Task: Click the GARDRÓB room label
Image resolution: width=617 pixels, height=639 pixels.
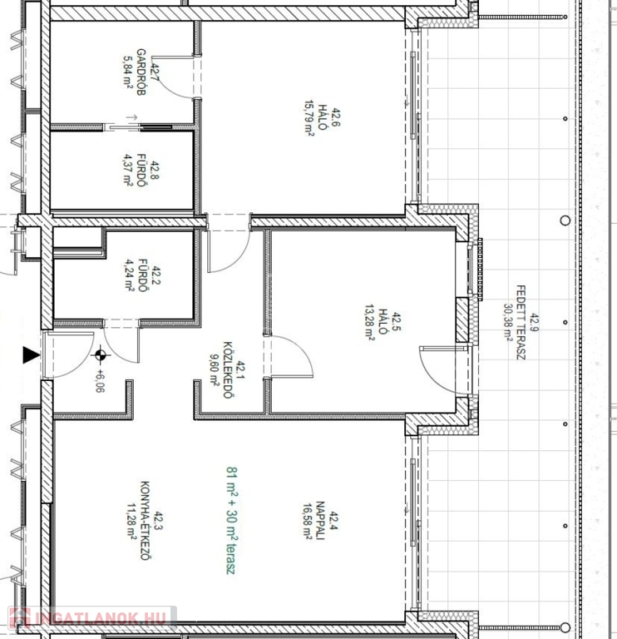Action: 141,72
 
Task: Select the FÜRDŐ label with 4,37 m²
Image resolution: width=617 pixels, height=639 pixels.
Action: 141,171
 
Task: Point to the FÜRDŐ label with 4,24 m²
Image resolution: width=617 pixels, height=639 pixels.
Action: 142,275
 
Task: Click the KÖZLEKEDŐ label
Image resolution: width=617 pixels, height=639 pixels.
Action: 228,369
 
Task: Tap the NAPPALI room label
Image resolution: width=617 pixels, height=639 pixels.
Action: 320,520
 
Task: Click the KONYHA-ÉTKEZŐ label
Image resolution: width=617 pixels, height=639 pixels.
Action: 145,520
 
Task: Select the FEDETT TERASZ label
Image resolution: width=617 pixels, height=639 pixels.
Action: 521,322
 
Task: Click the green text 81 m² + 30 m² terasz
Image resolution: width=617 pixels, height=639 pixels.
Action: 231,520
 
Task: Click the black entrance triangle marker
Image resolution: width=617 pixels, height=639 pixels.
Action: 31,355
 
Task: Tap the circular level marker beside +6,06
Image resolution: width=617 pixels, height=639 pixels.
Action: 101,355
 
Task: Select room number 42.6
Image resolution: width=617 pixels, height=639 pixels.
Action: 336,117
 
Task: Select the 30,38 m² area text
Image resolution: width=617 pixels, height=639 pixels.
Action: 508,322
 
